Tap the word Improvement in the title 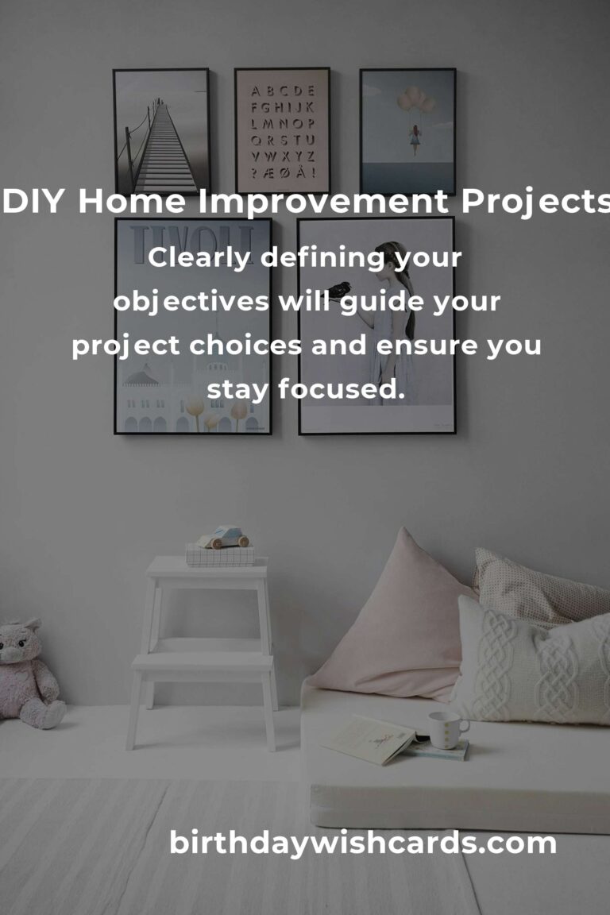click(x=323, y=202)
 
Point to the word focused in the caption click(x=341, y=388)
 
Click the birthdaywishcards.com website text click(x=362, y=844)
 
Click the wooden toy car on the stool click(x=223, y=538)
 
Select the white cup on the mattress click(x=447, y=729)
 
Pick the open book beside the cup click(x=373, y=739)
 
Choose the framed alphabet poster click(x=283, y=129)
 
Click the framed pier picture click(x=162, y=131)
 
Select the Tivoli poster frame click(x=193, y=326)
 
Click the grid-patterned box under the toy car click(x=220, y=555)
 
